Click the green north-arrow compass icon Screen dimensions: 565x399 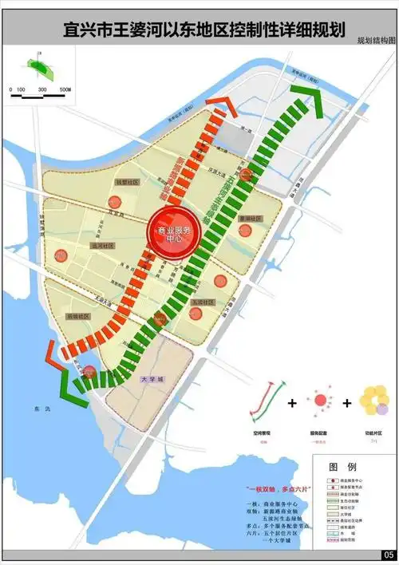point(36,63)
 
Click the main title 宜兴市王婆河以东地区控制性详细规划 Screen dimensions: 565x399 point(203,30)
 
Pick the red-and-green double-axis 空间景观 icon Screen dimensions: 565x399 point(267,401)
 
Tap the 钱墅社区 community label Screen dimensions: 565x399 point(126,182)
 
